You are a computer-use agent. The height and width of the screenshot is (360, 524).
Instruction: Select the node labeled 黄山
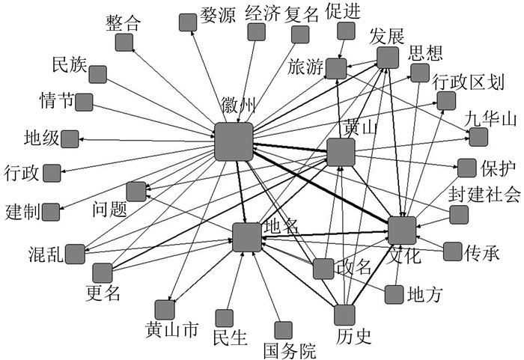point(341,152)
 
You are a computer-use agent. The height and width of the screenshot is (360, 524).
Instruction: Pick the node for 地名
point(246,237)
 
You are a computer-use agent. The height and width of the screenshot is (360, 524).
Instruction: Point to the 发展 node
point(387,58)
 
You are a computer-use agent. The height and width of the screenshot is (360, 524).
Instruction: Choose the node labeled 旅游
point(335,68)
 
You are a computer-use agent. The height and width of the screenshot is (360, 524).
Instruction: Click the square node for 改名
point(323,268)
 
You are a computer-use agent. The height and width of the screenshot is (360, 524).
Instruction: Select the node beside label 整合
point(124,42)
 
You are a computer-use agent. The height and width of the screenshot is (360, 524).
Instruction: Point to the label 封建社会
point(484,195)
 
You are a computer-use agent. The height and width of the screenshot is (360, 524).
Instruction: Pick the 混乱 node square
point(75,254)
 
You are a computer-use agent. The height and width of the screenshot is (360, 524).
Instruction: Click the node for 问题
point(136,192)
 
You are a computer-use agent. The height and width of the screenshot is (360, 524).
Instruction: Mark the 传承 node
point(452,251)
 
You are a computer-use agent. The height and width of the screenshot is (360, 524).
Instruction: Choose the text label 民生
point(230,338)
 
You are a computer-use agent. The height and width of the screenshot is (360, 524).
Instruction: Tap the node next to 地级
point(70,138)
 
